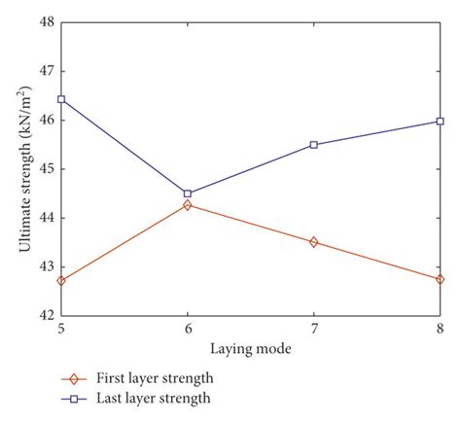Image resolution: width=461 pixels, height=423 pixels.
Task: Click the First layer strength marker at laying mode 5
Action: (61, 281)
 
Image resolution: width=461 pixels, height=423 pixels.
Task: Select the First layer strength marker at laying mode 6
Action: (188, 205)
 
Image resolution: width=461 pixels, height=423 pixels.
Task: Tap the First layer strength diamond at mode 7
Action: (313, 242)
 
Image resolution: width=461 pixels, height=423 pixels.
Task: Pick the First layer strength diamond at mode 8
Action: (440, 279)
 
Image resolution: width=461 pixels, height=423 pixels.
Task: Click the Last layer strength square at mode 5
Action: (61, 99)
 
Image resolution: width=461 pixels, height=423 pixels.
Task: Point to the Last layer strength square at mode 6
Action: (188, 194)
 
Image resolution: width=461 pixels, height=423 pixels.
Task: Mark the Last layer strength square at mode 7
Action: (313, 145)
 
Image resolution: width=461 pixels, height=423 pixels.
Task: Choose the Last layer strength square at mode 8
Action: (440, 122)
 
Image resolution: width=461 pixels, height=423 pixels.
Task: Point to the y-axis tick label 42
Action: (46, 315)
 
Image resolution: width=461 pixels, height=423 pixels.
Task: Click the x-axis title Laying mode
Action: (250, 347)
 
